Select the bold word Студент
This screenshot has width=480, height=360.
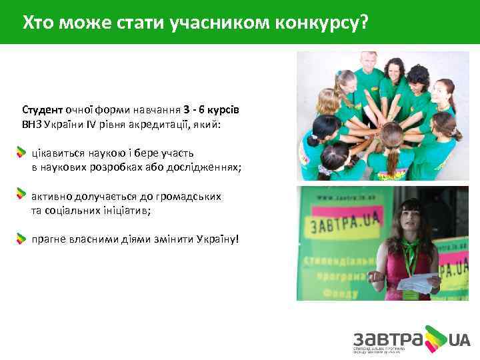pyautogui.click(x=42, y=109)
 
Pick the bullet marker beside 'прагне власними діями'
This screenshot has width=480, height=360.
pyautogui.click(x=22, y=238)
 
